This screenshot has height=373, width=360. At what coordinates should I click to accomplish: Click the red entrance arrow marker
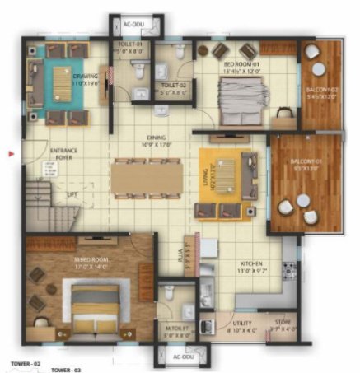pyautogui.click(x=9, y=153)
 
